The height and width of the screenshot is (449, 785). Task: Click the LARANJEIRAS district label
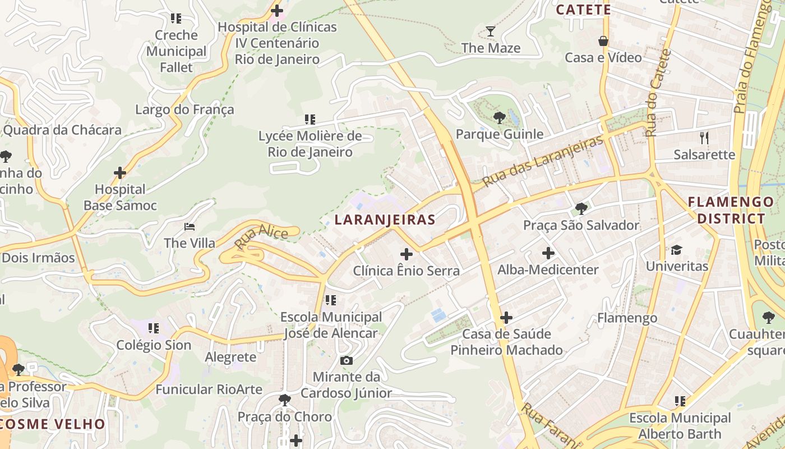385,219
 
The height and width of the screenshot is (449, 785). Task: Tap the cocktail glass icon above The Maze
491,31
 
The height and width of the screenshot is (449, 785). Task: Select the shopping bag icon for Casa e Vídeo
603,41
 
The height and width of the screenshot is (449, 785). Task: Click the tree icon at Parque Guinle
499,118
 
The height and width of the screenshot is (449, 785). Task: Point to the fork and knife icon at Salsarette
704,138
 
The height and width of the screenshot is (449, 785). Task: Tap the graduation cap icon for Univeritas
677,250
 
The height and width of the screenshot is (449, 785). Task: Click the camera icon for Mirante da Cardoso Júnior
347,360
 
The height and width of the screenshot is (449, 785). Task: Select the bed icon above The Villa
190,227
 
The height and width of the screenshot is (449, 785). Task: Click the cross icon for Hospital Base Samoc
119,173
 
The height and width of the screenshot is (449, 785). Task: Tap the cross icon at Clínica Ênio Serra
407,254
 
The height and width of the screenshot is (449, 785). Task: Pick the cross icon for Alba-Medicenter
548,253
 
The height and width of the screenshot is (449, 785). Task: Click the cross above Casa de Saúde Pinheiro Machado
506,318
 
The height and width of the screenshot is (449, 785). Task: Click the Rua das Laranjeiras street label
543,161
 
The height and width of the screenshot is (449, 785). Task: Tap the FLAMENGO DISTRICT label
731,210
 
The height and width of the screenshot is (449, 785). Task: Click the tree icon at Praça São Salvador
581,209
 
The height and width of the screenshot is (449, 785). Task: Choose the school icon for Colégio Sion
154,328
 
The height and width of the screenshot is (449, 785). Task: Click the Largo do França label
184,109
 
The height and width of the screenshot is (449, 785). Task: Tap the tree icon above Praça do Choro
285,400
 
